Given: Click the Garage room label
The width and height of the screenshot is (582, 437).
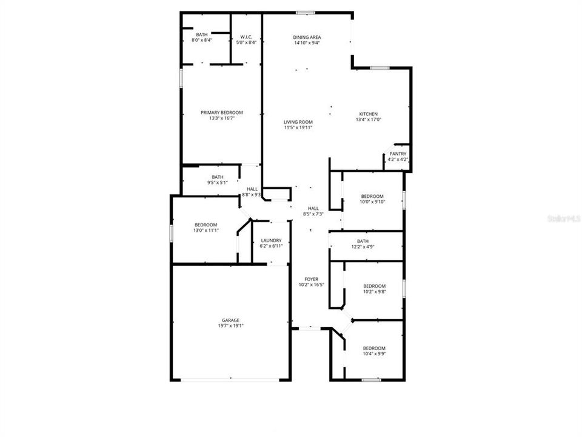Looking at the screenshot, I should click(230, 320).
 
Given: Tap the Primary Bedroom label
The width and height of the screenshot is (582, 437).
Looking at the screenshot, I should click(222, 112).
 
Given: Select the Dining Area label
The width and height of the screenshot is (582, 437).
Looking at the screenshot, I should click(307, 37).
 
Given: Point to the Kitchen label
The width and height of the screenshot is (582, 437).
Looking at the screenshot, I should click(369, 114).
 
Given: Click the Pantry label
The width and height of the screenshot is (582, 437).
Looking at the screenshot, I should click(398, 154).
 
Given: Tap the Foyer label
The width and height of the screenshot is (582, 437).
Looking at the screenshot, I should click(312, 279).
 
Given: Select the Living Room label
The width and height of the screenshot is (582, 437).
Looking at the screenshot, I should click(298, 122).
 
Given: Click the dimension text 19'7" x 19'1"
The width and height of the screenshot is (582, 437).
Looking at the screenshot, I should click(230, 325).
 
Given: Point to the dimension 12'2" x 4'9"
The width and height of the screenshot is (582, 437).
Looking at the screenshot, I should click(363, 246).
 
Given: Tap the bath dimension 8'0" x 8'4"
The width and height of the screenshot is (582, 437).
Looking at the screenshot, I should click(201, 41).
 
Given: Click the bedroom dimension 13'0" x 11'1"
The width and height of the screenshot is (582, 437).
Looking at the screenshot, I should click(206, 231).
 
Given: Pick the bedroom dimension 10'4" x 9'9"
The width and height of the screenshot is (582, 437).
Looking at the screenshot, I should click(375, 354).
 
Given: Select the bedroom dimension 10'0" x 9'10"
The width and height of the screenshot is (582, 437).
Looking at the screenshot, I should click(373, 202).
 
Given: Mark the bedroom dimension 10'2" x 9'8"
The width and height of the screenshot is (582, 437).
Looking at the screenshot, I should click(374, 291).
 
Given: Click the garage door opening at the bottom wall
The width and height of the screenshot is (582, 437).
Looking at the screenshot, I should click(230, 381).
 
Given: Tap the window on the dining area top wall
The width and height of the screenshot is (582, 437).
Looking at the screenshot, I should click(306, 12).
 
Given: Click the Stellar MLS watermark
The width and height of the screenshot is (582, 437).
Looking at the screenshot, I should click(563, 217).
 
